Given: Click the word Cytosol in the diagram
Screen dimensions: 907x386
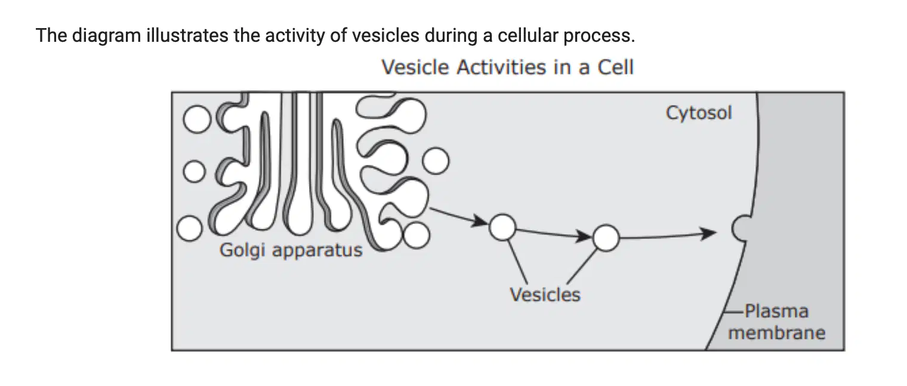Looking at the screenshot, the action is pos(699,113).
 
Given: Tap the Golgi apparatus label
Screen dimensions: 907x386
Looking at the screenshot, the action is pos(291,250).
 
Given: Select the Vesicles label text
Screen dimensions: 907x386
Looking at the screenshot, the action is pos(545,295).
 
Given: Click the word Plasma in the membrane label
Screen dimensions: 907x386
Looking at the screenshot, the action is pos(777,311).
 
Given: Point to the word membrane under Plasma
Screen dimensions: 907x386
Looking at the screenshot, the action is pos(777,333).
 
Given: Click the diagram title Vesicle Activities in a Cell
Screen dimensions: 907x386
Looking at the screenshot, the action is pos(507,67).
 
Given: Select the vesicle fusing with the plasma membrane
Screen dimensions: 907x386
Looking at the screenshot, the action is pos(740,228).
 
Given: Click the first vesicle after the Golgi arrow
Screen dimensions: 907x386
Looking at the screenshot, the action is pos(502,228).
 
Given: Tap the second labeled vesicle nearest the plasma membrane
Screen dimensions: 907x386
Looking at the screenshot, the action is pos(606,238).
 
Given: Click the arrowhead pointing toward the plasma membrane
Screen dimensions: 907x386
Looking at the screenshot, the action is pos(709,233).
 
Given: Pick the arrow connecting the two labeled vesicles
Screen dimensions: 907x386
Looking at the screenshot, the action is pos(554,234).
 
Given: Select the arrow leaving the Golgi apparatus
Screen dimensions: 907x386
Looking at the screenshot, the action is pos(459,217).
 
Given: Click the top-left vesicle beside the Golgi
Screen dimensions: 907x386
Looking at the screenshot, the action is pos(197,120).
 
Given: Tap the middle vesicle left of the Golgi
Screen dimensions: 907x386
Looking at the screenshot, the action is pos(195,171).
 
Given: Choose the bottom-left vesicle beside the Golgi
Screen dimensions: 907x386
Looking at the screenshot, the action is pos(190,228).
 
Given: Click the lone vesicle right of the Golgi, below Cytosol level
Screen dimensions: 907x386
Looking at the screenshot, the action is pos(436,161).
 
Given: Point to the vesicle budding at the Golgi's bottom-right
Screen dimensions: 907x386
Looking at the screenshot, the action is pos(417,235).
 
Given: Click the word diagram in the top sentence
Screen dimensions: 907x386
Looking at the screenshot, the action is pos(106,36).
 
